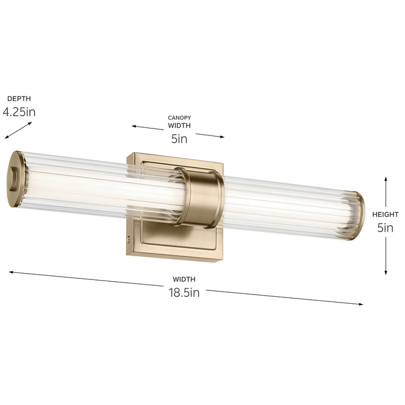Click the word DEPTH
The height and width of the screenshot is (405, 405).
point(19,99)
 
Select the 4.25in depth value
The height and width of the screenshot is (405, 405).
point(19,112)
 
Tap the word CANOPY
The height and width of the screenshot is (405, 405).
point(179,118)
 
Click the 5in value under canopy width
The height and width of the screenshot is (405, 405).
point(179,138)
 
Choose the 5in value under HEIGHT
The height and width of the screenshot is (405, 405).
point(385,228)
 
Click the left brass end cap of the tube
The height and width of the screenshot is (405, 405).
point(17,172)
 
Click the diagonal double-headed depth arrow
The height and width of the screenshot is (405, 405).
point(18,130)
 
